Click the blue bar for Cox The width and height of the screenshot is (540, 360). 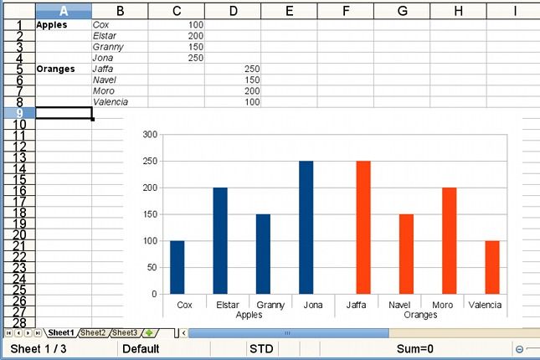pos(177,267)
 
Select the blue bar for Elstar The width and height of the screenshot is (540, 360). pos(220,240)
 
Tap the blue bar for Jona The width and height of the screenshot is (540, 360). pos(306,227)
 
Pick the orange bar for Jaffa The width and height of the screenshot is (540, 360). pos(363,227)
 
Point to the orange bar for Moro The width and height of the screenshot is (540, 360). pos(450,240)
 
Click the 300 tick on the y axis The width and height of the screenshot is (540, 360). pos(150,134)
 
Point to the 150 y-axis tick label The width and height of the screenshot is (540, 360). pos(150,214)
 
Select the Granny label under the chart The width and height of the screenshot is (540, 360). pos(270,306)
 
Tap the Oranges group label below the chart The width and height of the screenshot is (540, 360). pos(420,316)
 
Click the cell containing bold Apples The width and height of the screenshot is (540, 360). pos(64,25)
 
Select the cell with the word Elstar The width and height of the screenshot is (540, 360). pos(120,36)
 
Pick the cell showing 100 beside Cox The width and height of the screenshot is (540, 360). pos(176,25)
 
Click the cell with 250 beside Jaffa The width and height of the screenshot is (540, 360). pos(232,69)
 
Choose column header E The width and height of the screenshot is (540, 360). pos(289,10)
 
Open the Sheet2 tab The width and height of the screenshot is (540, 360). pos(93,333)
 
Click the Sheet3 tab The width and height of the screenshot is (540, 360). pos(125,333)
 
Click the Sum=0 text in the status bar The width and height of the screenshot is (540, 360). pos(414,349)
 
